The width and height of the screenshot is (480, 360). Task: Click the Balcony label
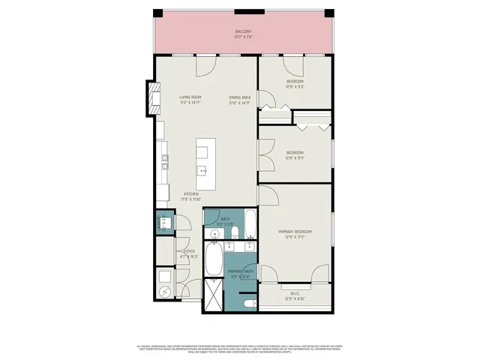coord(242,31)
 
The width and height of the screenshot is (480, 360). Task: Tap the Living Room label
coord(190,97)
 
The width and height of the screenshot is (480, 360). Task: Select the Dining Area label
coord(240,97)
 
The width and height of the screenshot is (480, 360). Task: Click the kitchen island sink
coord(203,171)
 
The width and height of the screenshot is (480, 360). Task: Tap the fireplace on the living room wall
coord(154,96)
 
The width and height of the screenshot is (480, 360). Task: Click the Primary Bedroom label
coord(295,232)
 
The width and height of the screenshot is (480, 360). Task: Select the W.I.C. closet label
coord(295,293)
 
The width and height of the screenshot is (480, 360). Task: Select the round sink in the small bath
coord(215,234)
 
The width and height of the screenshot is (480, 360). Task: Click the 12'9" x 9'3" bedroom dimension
coord(295,86)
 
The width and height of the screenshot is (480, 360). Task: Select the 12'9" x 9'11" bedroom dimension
coord(295,158)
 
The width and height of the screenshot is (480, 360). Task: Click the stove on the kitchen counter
coord(163,159)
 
